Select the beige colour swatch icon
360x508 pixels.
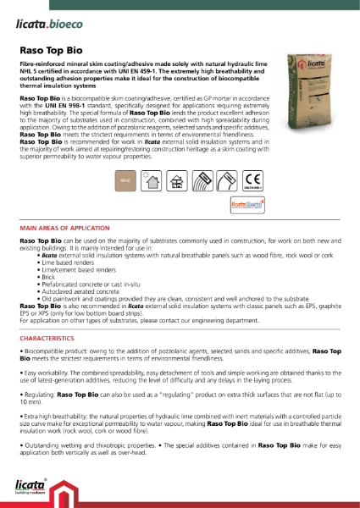(x=125, y=180)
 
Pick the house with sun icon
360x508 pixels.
(x=152, y=180)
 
